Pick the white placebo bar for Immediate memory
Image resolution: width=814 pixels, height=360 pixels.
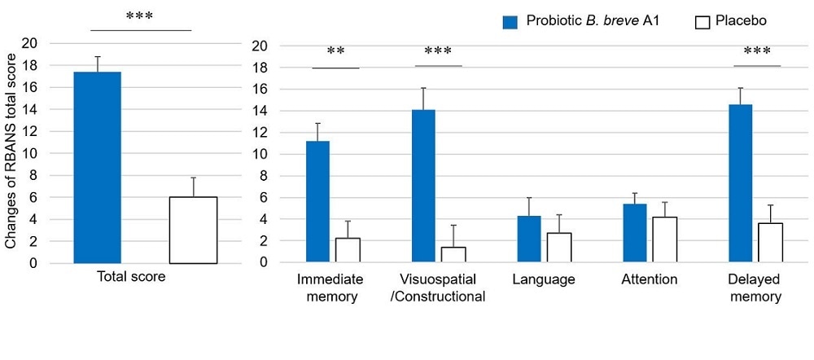click(348, 250)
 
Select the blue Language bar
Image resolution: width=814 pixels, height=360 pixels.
click(529, 239)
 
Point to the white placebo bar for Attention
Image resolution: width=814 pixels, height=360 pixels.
click(664, 239)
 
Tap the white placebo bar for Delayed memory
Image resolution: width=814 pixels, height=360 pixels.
click(770, 243)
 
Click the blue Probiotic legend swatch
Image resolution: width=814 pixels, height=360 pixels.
click(510, 22)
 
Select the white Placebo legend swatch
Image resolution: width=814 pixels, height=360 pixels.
click(702, 22)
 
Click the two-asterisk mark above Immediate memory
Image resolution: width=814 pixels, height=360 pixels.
click(335, 53)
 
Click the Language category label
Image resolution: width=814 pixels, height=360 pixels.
click(544, 280)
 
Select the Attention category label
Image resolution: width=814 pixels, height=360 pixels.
click(649, 280)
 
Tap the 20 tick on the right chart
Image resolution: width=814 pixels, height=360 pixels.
click(260, 46)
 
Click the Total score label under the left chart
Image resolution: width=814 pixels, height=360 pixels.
click(131, 277)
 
